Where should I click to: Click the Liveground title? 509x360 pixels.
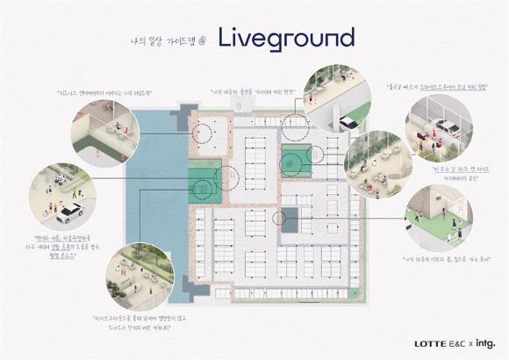[x=286, y=38]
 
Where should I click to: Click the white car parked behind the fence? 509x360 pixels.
[x=445, y=126]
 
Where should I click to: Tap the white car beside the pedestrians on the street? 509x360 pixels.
[x=68, y=212]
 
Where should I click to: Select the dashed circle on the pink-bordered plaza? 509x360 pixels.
[x=204, y=133]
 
